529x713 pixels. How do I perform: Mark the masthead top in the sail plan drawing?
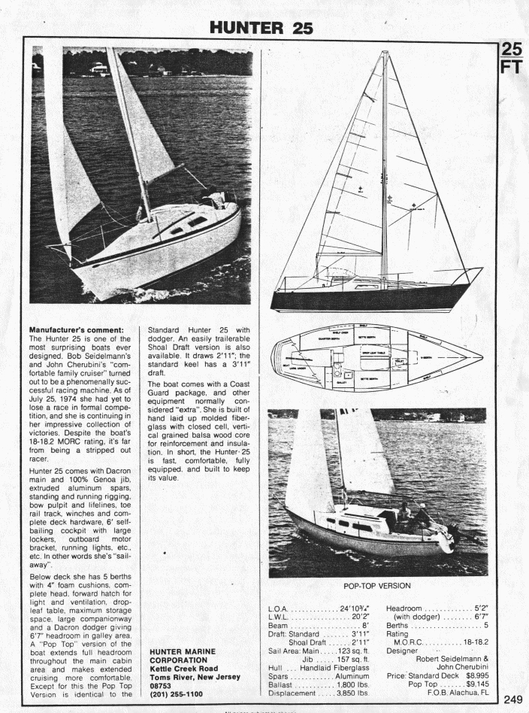[x=385, y=53]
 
